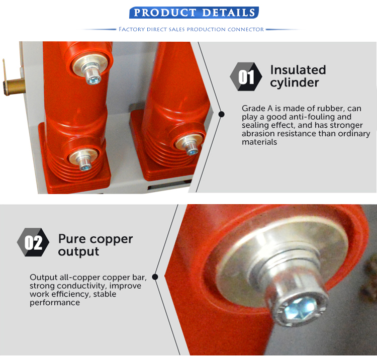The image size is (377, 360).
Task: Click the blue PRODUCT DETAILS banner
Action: point(194,13)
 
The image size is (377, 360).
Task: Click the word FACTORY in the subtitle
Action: point(132,29)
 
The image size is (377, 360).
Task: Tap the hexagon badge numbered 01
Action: point(246,76)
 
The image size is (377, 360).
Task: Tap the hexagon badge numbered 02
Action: point(33,242)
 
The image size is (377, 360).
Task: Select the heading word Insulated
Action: point(298,70)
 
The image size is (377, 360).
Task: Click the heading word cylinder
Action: point(294,83)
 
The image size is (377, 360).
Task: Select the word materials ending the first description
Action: point(259,142)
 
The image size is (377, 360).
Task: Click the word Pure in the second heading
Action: point(72,239)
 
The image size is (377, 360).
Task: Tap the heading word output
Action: point(78,252)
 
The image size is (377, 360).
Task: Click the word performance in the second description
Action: point(55,303)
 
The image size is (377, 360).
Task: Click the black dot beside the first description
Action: point(222,114)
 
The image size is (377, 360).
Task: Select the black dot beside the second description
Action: point(155,277)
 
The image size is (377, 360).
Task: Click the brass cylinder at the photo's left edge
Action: point(15,87)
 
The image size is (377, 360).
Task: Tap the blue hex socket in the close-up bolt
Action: point(300,307)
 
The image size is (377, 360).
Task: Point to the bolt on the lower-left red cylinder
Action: point(84,163)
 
